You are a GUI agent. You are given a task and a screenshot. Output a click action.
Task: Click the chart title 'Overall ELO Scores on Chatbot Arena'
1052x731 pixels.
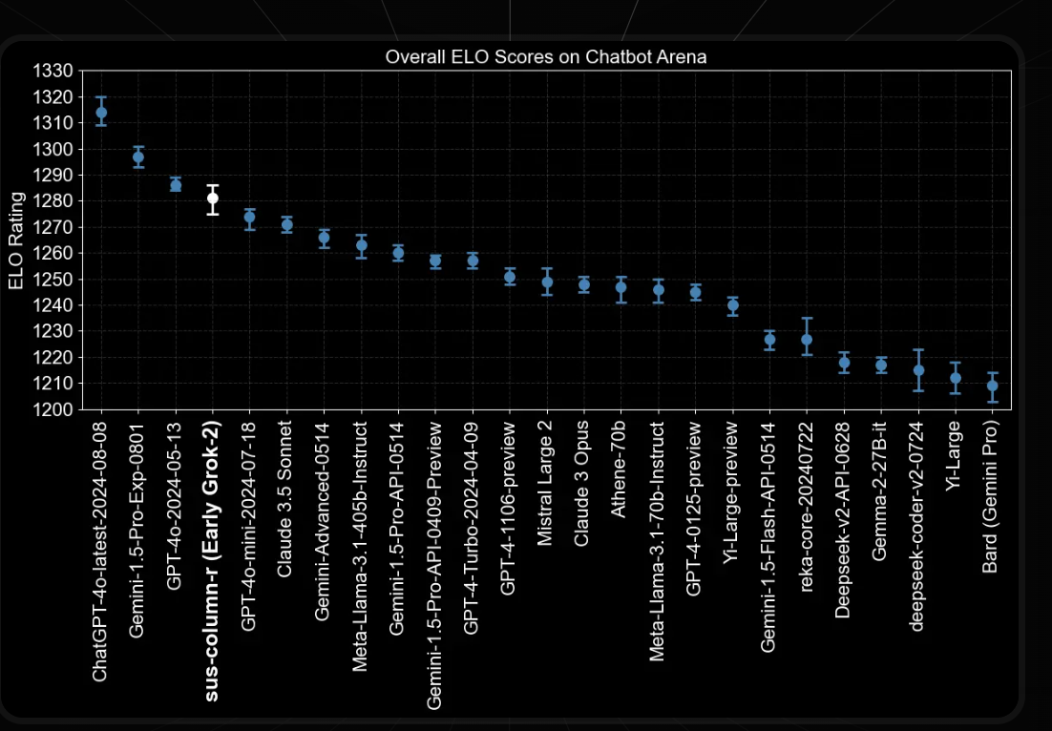545,56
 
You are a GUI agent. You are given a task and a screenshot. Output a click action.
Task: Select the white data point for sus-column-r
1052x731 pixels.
213,198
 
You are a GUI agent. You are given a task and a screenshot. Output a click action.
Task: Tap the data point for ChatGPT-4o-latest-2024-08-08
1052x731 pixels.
101,113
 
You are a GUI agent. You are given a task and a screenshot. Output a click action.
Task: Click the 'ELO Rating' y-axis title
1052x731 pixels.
15,240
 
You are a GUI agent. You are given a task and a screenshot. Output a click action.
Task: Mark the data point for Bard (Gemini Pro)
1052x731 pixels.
993,386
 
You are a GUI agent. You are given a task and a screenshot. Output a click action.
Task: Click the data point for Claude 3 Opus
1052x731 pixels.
584,284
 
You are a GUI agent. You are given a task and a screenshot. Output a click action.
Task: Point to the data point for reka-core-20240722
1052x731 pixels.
807,340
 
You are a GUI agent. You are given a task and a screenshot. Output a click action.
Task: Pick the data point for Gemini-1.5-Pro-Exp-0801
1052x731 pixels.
138,157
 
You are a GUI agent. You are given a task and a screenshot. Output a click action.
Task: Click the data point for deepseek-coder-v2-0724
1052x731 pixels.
918,370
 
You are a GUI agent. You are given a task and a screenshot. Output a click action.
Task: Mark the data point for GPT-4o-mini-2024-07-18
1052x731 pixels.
250,217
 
